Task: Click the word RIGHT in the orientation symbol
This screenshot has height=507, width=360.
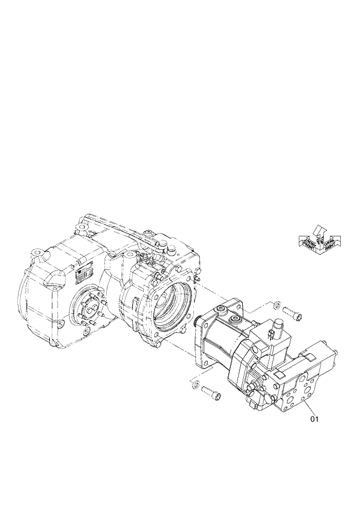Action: pos(329,246)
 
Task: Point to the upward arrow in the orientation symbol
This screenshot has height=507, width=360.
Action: pos(318,230)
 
